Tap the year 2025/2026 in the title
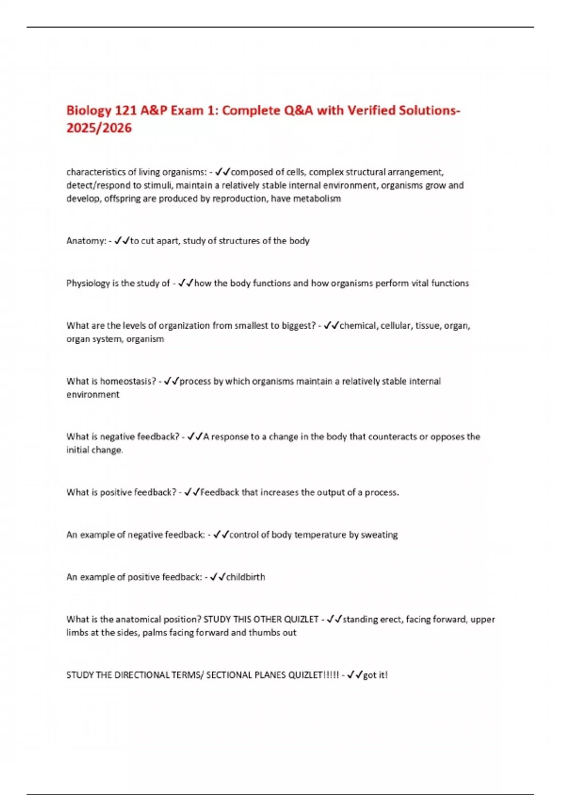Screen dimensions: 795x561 point(99,128)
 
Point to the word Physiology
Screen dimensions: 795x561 point(88,283)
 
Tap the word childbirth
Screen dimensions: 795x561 point(245,577)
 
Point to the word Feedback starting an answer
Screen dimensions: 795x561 point(220,492)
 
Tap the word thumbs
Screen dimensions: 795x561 point(261,633)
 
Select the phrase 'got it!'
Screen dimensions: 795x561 point(375,675)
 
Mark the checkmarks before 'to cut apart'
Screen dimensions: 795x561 point(122,241)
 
